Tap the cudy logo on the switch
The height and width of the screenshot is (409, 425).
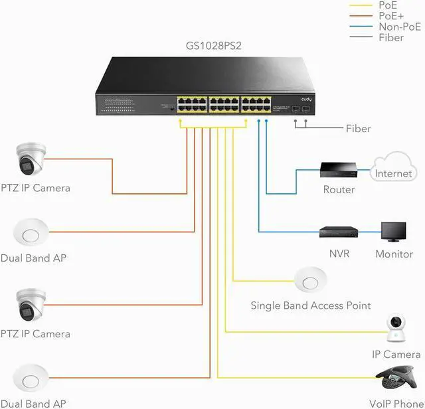pyautogui.click(x=306, y=100)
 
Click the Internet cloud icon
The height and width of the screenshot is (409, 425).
pyautogui.click(x=393, y=169)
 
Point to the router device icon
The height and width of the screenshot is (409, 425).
pyautogui.click(x=339, y=170)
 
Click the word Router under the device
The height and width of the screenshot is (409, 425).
pyautogui.click(x=339, y=189)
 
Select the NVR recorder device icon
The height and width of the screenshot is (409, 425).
pyautogui.click(x=339, y=232)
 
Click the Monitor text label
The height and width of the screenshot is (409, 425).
pyautogui.click(x=394, y=254)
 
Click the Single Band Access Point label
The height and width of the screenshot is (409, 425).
pyautogui.click(x=310, y=305)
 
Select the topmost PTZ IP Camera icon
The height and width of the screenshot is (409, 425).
pyautogui.click(x=31, y=159)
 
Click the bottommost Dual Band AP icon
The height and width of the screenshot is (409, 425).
pyautogui.click(x=30, y=380)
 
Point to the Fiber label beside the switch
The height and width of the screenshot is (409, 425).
pyautogui.click(x=358, y=128)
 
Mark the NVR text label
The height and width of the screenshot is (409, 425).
pyautogui.click(x=339, y=254)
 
